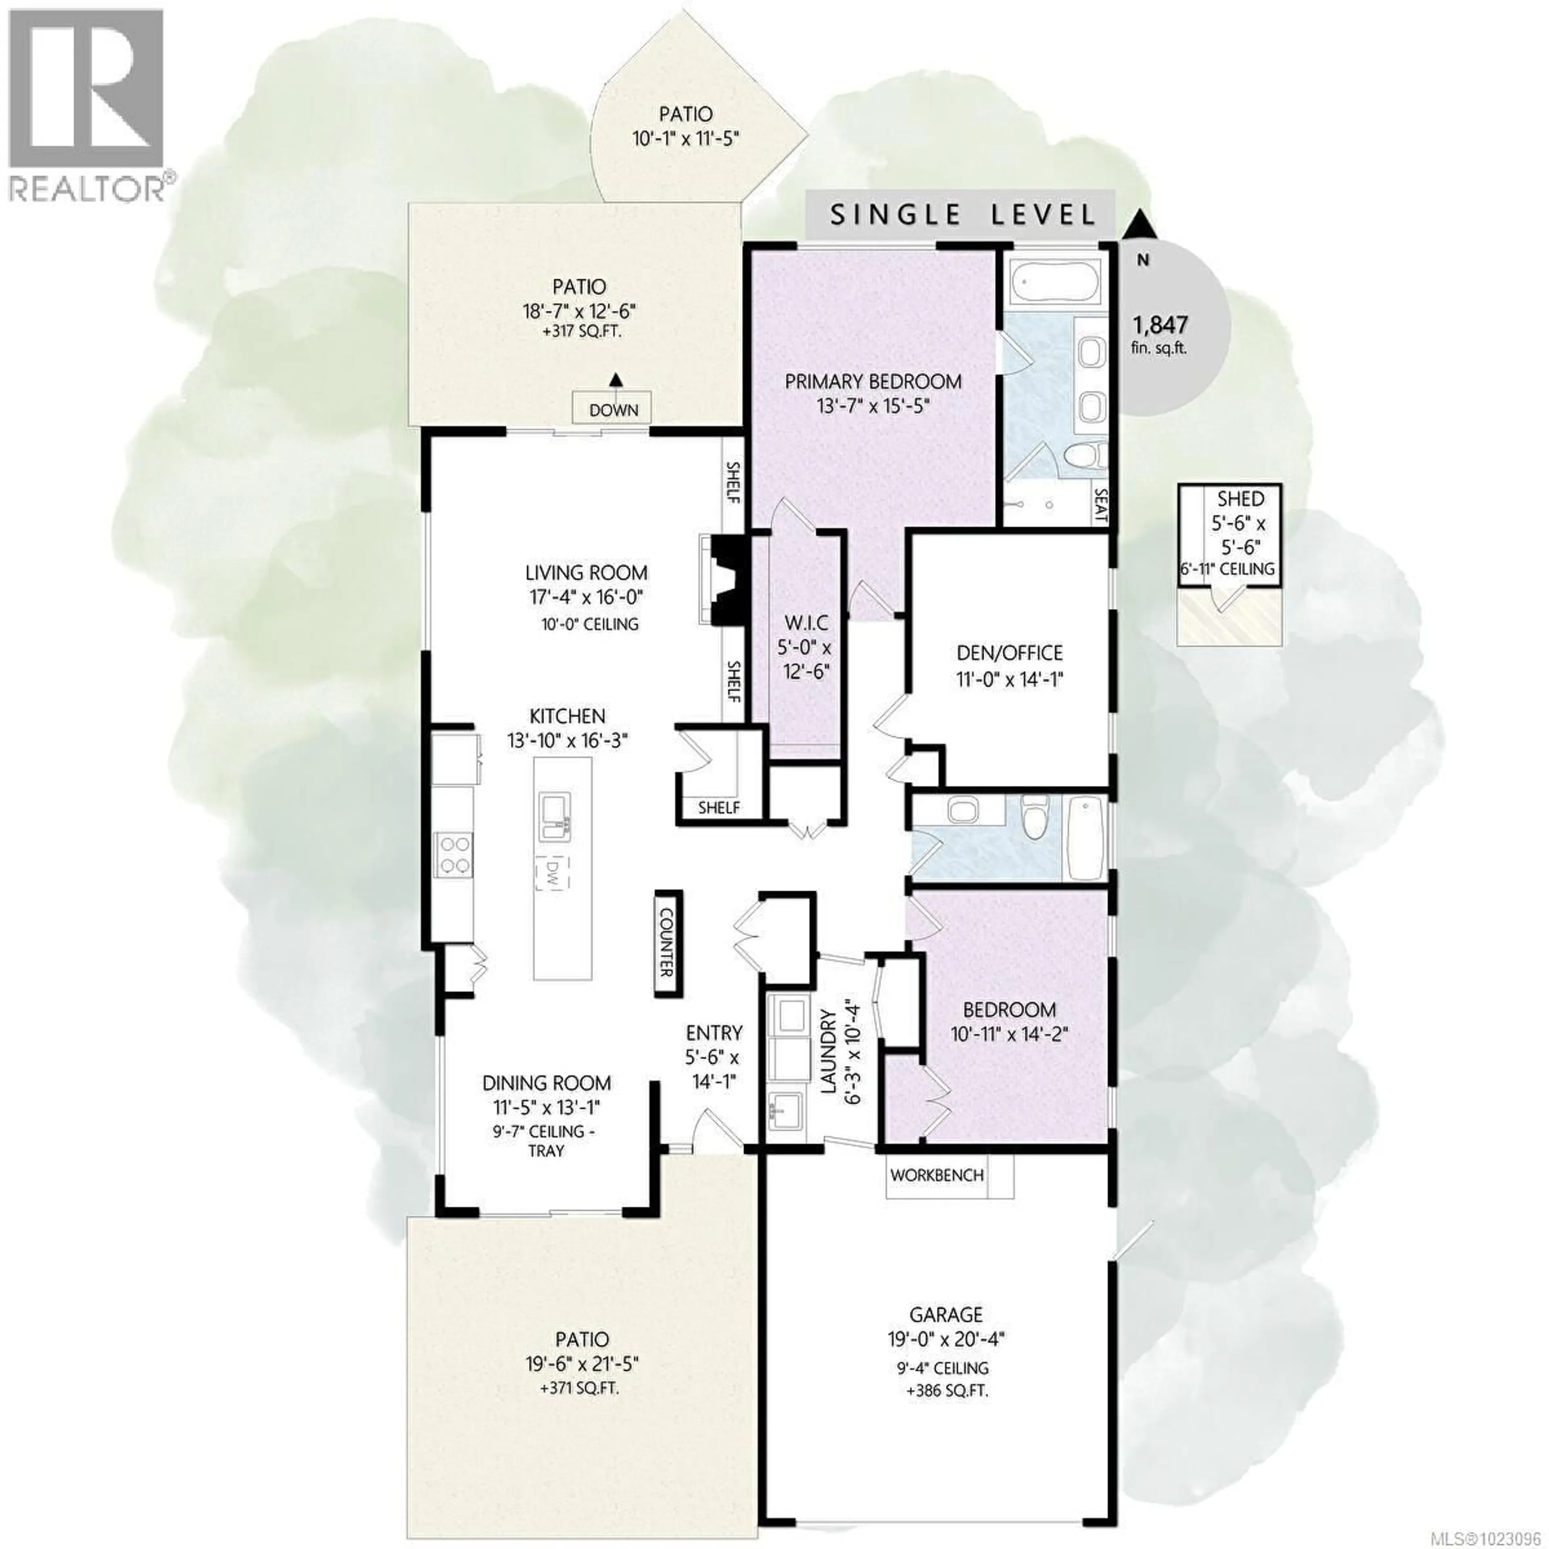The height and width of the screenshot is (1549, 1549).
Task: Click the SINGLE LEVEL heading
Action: click(962, 215)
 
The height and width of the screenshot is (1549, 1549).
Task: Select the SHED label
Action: click(1240, 499)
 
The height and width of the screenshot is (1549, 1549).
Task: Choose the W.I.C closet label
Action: click(807, 622)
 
